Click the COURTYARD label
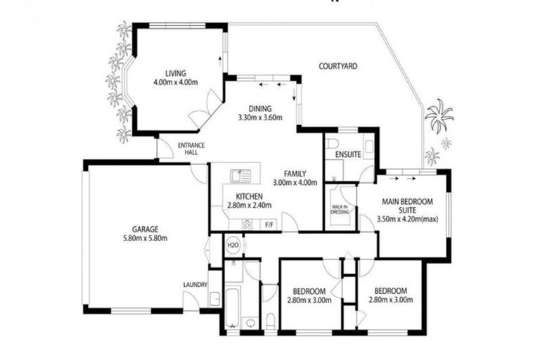coord(338,66)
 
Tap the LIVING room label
coord(175,73)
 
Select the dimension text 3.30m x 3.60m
coord(259,117)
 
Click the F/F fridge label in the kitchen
coord(268,225)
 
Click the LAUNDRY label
coord(195,284)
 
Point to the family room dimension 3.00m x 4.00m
coord(296,183)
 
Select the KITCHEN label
coord(249,195)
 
